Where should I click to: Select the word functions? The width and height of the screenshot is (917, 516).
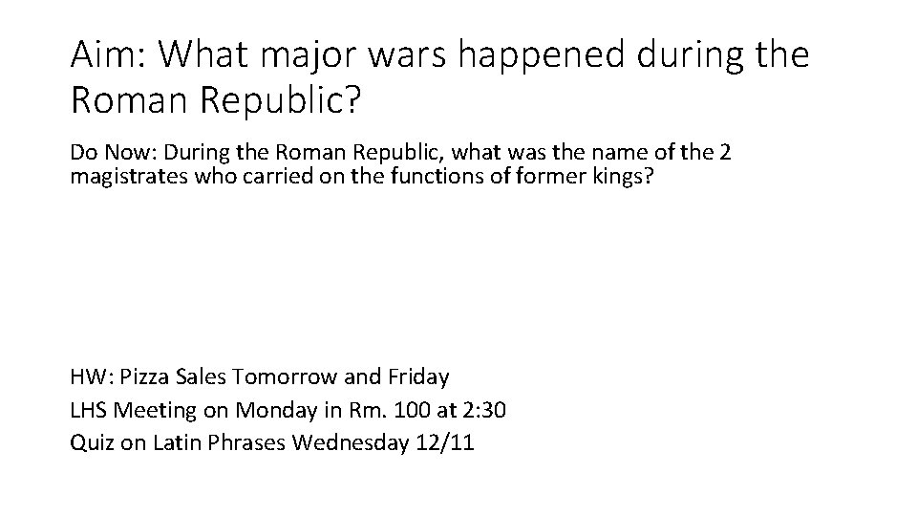430,178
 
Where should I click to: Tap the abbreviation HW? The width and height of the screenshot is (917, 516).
93,377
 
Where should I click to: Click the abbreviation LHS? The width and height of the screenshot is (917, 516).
89,411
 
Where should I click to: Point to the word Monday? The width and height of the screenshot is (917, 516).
267,411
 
